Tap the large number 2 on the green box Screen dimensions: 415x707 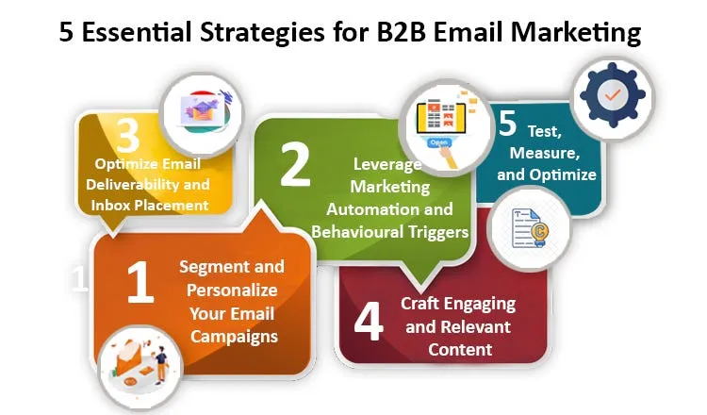coord(295,164)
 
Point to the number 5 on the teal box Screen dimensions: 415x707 coord(508,123)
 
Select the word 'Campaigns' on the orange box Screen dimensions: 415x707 coord(230,334)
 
